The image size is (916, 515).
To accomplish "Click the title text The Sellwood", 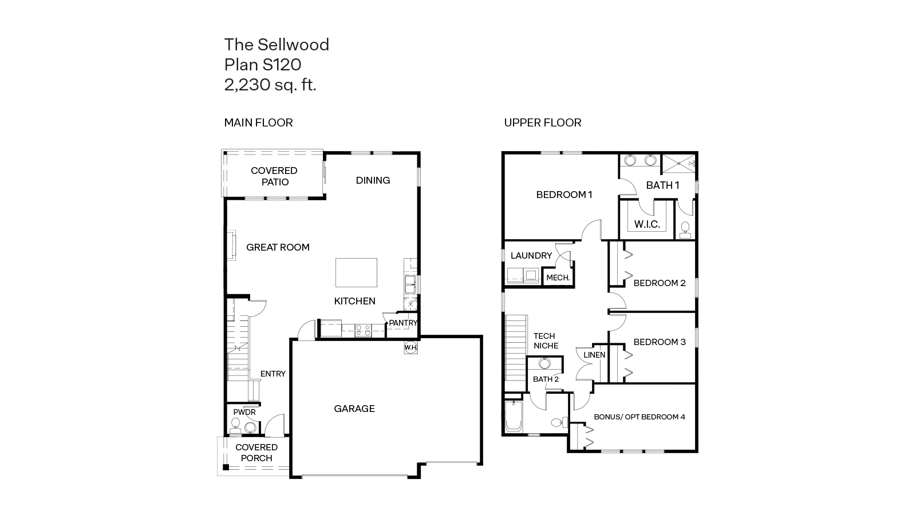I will (277, 45).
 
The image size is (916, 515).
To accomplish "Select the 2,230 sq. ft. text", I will (270, 85).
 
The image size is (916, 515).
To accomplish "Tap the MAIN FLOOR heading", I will (258, 122).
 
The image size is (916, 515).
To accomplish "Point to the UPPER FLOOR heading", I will (543, 122).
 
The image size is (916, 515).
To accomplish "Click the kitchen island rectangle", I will (356, 272).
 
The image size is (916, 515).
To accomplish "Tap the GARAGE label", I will (354, 409).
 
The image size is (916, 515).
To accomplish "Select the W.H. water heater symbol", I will (410, 347).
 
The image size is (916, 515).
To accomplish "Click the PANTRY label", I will (403, 323).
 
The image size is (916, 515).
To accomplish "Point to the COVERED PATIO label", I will (274, 176).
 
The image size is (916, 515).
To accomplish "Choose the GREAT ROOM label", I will (278, 247).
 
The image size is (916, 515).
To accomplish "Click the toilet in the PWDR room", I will (235, 425).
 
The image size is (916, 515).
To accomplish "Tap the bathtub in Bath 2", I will (514, 417).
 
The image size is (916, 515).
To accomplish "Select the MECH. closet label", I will (558, 278).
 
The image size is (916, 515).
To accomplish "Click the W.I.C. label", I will (647, 224).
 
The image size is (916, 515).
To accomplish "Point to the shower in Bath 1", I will (678, 164).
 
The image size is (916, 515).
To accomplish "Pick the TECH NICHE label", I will (545, 341).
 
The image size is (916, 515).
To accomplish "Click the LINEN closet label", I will (594, 355).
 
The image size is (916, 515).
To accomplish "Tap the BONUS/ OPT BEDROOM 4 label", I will (639, 417).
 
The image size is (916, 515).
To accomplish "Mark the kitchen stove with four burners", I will (362, 330).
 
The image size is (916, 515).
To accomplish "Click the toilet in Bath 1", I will (685, 230).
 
